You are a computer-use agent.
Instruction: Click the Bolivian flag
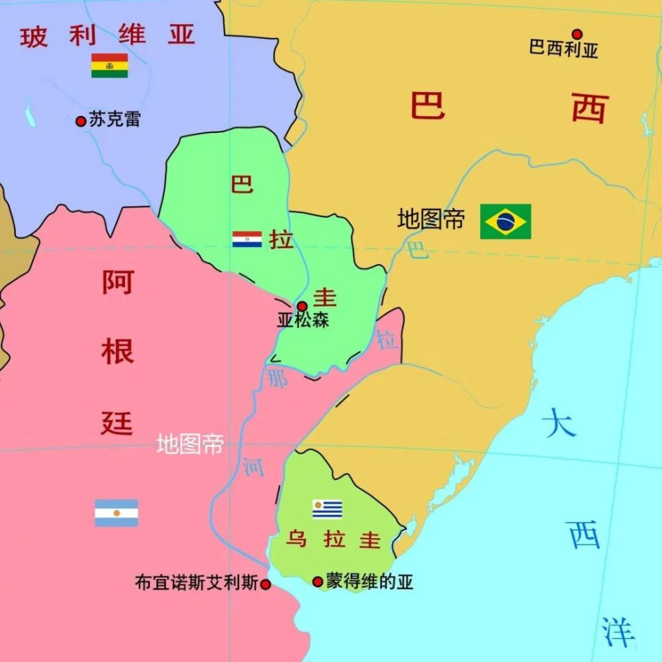109,66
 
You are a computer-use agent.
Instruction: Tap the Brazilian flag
506,221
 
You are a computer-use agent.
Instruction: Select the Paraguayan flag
247,239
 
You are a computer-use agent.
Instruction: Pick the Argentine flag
117,513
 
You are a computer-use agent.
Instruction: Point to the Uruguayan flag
327,509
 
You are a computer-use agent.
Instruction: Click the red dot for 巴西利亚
577,34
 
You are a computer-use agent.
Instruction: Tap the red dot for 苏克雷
81,121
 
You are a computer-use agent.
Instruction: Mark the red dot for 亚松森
302,307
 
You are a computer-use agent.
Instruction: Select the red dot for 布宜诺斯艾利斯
265,585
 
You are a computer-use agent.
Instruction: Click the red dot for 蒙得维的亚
318,582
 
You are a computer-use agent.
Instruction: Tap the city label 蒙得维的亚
369,582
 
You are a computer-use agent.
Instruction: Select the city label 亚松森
303,321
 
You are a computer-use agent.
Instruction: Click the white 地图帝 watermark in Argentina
190,445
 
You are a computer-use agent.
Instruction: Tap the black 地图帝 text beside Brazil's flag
431,220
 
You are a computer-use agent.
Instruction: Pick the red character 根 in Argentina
117,352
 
